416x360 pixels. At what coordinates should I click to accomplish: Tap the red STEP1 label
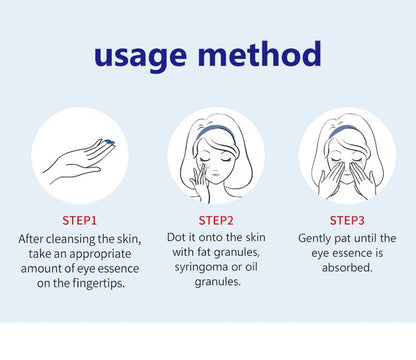point(80,219)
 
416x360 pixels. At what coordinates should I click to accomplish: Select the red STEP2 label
point(215,219)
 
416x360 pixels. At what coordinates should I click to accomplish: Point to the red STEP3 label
point(347,219)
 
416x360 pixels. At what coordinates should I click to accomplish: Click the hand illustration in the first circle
point(75,158)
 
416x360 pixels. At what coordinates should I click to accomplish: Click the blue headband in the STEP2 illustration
point(217,126)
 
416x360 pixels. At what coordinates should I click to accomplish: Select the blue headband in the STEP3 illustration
point(347,126)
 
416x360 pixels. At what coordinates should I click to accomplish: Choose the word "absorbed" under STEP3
point(347,269)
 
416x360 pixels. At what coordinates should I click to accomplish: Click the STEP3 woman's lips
point(347,176)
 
